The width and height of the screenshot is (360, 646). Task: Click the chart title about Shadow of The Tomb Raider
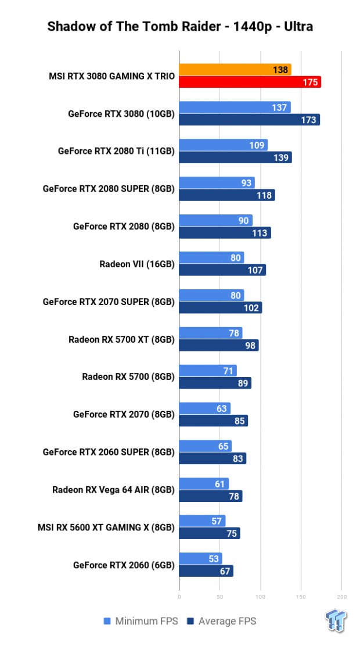pos(179,27)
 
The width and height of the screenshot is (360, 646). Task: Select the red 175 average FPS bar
pos(250,82)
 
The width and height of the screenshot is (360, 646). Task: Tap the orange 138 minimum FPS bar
pos(235,70)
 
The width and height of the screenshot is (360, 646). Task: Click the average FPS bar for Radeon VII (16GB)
pos(222,270)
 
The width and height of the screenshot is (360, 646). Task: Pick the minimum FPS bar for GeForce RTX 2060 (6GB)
pos(200,559)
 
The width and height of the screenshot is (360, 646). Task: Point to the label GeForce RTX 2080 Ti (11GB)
pos(116,151)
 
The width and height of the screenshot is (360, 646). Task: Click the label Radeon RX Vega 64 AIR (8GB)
pos(113,490)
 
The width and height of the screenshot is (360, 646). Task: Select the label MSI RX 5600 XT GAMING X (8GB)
pos(109,527)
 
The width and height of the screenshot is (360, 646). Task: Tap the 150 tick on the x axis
pos(301,597)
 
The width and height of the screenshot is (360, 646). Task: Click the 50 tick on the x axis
pos(220,597)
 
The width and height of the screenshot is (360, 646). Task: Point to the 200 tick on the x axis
pos(341,597)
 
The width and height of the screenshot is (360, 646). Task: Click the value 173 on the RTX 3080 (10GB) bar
pos(309,120)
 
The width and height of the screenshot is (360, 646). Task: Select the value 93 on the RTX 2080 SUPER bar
pos(246,183)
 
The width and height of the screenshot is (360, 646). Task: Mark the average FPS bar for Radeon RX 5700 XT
pos(219,345)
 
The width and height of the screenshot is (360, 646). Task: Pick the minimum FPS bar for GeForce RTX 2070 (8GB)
pos(204,408)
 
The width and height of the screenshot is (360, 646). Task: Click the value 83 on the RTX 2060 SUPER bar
pos(237,458)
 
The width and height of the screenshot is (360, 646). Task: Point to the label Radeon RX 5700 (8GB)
pos(128,377)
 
